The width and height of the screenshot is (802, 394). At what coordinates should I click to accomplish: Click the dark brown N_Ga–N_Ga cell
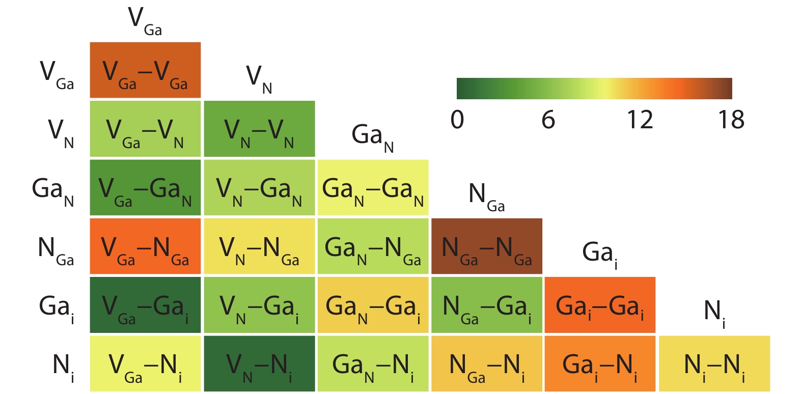487,246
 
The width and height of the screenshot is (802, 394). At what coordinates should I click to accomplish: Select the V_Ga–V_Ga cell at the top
145,70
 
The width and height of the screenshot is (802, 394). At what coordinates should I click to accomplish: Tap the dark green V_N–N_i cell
259,363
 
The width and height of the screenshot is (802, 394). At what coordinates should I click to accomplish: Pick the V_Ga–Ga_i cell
145,305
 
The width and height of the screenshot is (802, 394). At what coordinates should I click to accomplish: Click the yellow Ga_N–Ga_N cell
373,187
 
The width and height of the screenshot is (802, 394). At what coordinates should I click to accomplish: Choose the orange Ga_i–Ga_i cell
600,305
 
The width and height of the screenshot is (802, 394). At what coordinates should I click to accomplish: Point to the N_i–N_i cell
714,363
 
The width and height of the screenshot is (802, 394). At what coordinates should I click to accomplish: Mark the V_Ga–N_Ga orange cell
145,246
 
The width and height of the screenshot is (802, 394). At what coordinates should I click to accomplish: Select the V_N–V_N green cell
259,129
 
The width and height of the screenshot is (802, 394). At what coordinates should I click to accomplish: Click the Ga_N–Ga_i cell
373,305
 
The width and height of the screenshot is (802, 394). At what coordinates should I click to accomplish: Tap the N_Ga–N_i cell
487,363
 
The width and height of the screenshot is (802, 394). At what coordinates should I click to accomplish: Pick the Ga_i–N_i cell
600,363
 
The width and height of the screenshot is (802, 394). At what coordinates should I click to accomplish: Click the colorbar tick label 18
731,120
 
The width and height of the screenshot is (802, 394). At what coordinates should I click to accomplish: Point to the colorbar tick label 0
457,120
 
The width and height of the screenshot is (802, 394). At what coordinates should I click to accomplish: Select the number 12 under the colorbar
640,120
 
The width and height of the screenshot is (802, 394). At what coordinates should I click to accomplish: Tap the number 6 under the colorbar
548,120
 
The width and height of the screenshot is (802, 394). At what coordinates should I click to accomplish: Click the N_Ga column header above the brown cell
487,197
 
